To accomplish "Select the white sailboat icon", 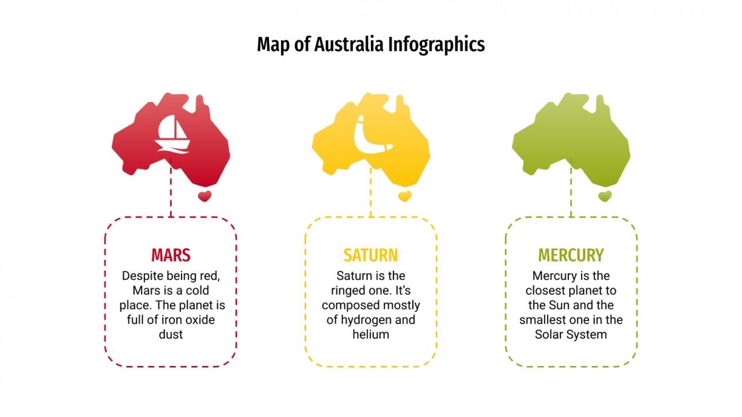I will coord(172,134).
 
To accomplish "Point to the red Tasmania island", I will coord(205,196).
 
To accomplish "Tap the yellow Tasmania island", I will coord(405,196).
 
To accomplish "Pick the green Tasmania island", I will coord(605,196).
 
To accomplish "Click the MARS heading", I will coord(170,255).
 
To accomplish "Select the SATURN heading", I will coord(370,255).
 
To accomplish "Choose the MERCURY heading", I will coord(571,255).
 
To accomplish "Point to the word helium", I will coord(370,335).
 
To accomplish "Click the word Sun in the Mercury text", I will coord(557,305).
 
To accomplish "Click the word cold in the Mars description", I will coord(197,291).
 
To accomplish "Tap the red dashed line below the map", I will coord(170,192).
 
